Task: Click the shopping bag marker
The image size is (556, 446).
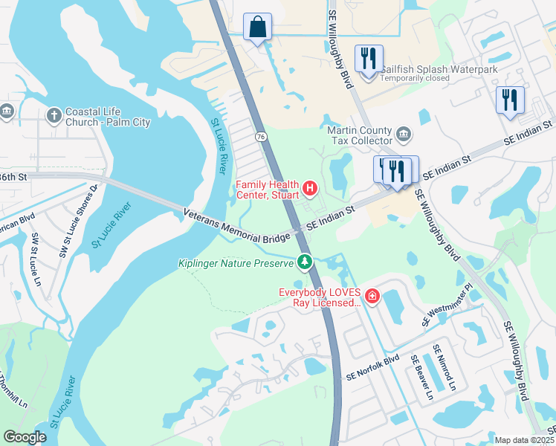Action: (257, 28)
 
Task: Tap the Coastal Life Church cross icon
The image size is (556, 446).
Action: (54, 115)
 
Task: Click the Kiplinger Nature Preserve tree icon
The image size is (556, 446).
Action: (304, 262)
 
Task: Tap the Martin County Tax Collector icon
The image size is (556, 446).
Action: (404, 135)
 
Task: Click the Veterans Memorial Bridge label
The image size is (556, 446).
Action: (236, 227)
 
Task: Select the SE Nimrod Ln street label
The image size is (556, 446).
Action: (448, 367)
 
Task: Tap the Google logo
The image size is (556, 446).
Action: (25, 437)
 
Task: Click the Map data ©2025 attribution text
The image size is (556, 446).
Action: (524, 440)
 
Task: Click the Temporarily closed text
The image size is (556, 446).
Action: (415, 79)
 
